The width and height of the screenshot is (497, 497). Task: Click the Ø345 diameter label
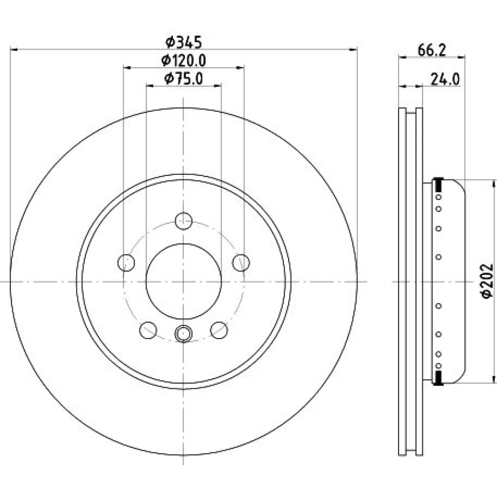tap(183, 42)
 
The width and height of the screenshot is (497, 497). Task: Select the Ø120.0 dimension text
tap(183, 60)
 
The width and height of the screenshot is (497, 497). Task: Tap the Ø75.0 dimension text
tap(183, 79)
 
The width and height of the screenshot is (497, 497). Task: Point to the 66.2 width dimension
tap(432, 50)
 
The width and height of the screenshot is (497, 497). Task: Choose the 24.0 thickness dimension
tap(445, 79)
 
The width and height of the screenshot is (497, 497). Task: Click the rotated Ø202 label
tap(487, 281)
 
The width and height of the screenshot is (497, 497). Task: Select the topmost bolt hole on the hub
tap(183, 221)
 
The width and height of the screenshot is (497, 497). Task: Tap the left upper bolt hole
tap(126, 262)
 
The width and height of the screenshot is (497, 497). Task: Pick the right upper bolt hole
tap(241, 262)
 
